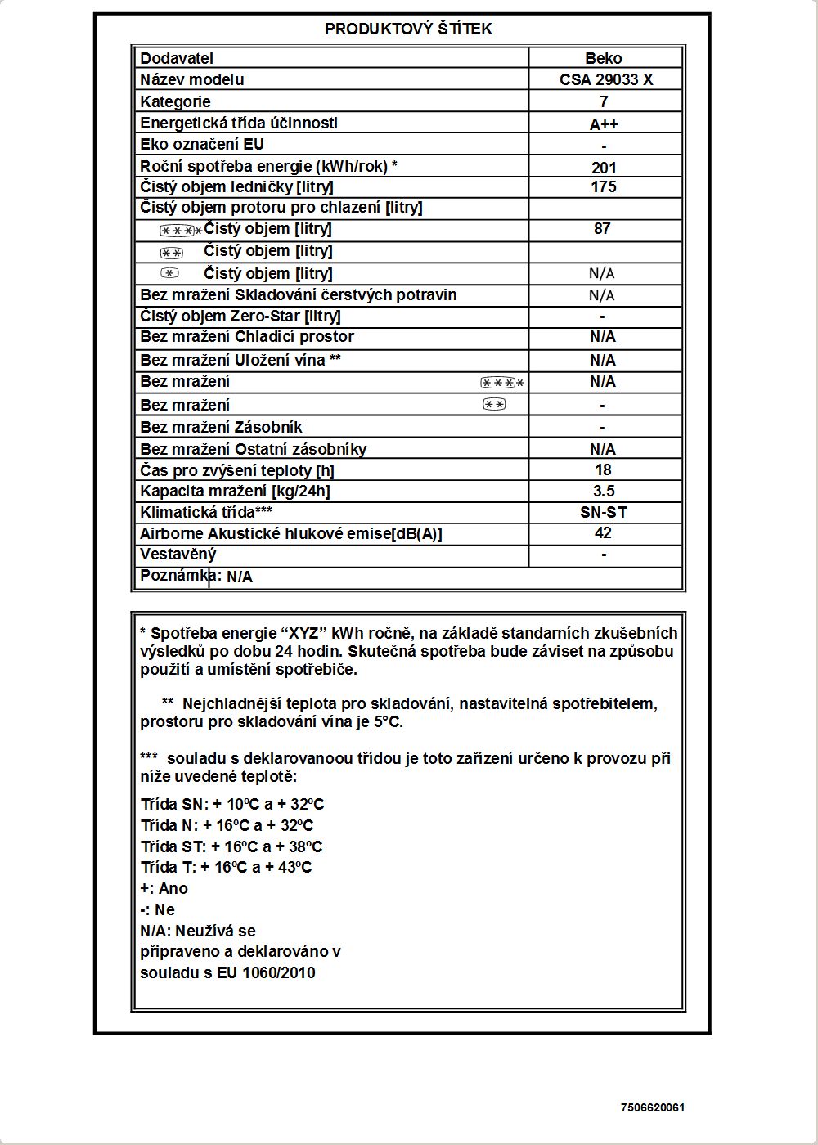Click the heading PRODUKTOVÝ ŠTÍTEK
(408, 29)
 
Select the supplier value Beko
(604, 58)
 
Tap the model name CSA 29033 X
(606, 79)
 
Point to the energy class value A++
(604, 124)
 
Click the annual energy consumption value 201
(604, 168)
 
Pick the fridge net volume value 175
(604, 186)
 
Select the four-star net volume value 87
(603, 229)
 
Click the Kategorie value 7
(604, 101)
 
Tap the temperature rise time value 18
(604, 470)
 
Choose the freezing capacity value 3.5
(604, 492)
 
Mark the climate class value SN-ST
(604, 513)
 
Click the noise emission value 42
(604, 533)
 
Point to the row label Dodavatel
(177, 58)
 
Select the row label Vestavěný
(178, 555)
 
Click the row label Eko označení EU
(202, 145)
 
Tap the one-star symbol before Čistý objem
(169, 273)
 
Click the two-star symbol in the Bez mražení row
(494, 404)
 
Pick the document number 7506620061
(653, 1108)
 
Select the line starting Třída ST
(231, 846)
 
